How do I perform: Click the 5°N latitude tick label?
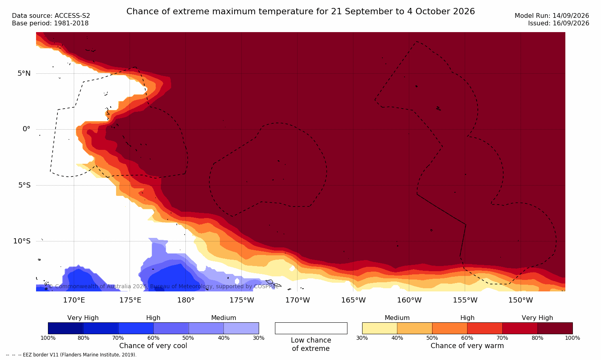[24, 73]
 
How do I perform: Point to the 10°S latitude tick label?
[22, 241]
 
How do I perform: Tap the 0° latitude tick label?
[26, 129]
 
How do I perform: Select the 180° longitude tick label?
[186, 300]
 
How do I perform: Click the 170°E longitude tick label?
[74, 300]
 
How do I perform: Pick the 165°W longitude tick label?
[353, 300]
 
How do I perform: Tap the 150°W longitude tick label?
[521, 300]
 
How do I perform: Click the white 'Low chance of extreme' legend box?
[311, 328]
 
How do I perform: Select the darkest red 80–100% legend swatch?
[555, 328]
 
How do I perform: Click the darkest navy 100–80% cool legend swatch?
[66, 328]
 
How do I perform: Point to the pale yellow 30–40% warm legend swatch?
[380, 328]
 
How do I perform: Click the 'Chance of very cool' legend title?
[153, 346]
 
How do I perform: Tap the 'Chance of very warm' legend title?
[467, 346]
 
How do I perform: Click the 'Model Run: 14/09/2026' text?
[551, 15]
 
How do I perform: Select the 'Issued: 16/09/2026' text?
[559, 23]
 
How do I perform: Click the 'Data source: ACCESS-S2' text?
[51, 15]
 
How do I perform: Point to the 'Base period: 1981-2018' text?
[50, 23]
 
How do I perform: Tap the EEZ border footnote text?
[71, 354]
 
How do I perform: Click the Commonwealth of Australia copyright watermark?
[163, 286]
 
